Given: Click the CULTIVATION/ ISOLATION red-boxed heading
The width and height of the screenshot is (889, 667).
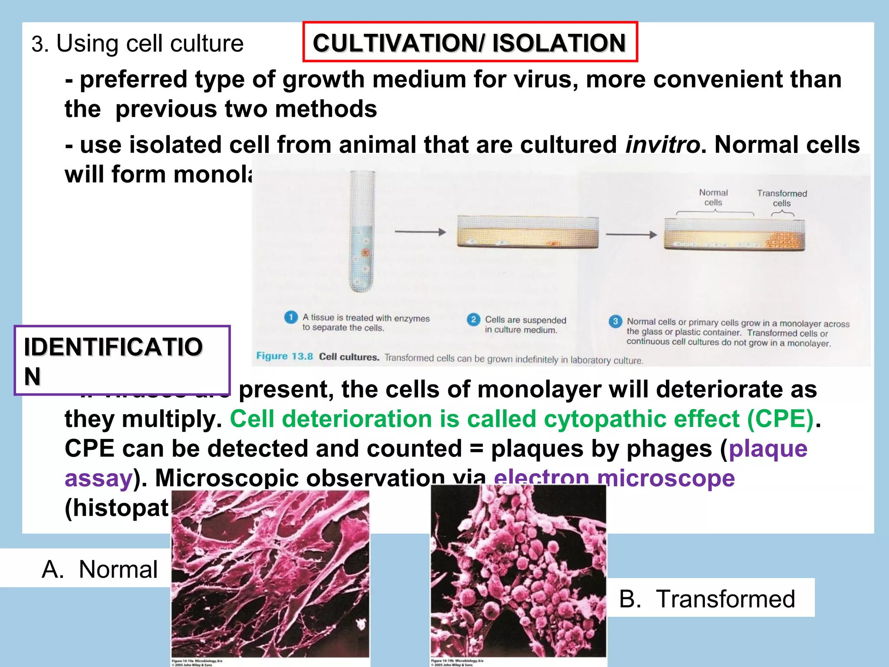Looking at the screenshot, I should pos(470,43).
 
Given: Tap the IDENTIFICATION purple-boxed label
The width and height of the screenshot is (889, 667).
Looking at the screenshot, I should pos(114,360).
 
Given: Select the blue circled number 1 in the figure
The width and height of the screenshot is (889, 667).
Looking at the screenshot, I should pos(290,317).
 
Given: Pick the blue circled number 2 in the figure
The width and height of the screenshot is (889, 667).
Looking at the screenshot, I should pos(473,320).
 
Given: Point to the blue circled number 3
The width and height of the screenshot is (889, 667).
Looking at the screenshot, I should pos(615,322).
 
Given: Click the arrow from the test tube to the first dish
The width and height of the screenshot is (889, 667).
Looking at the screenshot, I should pos(420,232).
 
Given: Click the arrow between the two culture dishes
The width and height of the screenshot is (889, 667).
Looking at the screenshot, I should pos(631,235).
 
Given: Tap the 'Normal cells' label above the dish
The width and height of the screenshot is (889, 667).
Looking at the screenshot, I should pos(713,198).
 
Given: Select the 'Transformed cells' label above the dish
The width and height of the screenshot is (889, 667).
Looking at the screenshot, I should pos(782,198).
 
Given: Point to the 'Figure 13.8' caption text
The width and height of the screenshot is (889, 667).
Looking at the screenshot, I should pos(284,357).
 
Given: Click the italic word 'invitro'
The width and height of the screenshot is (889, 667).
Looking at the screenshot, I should pos(662,145).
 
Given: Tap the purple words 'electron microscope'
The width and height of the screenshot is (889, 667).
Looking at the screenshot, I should pos(614,478).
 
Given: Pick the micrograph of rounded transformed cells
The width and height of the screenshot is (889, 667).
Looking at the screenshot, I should pos(518,571).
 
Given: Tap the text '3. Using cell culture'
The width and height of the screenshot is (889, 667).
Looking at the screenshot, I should pos(137,44).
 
